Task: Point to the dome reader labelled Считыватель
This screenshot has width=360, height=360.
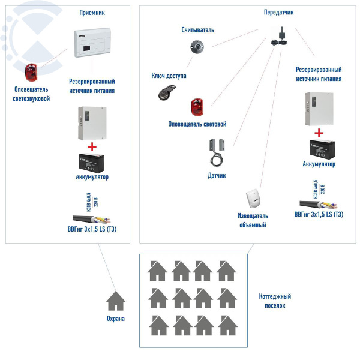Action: click(x=197, y=46)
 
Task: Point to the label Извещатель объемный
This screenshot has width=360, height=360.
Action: click(x=253, y=220)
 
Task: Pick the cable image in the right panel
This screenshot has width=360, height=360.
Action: click(x=316, y=204)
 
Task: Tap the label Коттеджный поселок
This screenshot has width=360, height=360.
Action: click(x=275, y=301)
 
